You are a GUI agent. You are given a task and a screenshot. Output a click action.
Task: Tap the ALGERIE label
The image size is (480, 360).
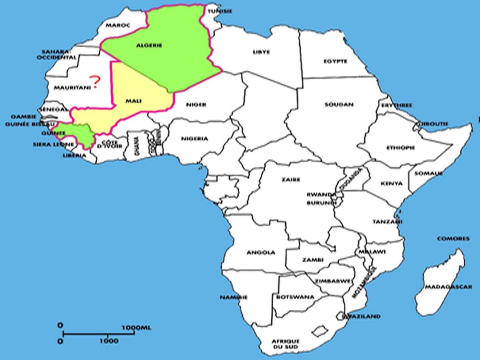tap(149, 46)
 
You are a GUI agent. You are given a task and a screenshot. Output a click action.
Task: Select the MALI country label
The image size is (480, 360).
tap(133, 101)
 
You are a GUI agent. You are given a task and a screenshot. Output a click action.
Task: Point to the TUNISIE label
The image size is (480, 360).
tap(220, 10)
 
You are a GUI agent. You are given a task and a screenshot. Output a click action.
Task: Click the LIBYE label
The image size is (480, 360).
tap(261, 51)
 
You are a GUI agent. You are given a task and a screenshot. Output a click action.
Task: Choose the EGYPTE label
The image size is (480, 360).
tap(336, 61)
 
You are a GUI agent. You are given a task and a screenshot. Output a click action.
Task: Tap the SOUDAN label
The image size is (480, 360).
tap(339, 105)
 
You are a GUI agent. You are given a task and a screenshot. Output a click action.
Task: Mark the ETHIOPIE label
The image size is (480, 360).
tap(400, 148)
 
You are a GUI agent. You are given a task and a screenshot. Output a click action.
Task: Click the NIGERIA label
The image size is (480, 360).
tap(194, 138)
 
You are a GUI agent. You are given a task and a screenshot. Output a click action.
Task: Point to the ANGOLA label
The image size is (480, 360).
tap(261, 252)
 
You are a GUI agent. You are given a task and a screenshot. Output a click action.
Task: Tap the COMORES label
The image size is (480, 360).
tap(453, 239)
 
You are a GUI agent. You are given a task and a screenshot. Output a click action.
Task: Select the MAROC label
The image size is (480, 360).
tap(118, 25)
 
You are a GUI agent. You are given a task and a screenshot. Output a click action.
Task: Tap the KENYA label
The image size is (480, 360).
tap(392, 183)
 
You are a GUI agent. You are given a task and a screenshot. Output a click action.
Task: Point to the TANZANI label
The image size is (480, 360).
tap(387, 222)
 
